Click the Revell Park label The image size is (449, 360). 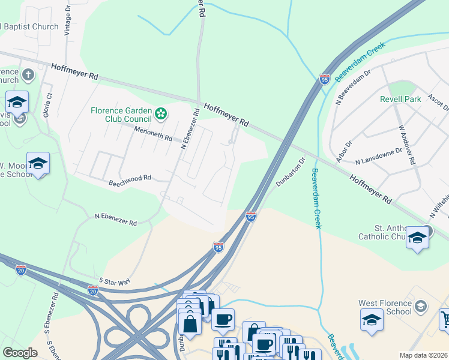[x=400, y=99]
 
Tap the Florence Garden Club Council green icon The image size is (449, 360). [x=161, y=113]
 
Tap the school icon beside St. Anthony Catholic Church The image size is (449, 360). [x=417, y=238]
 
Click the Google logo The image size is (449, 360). [x=20, y=353]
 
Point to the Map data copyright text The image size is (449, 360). [x=423, y=355]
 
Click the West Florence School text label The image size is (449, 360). [x=393, y=307]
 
